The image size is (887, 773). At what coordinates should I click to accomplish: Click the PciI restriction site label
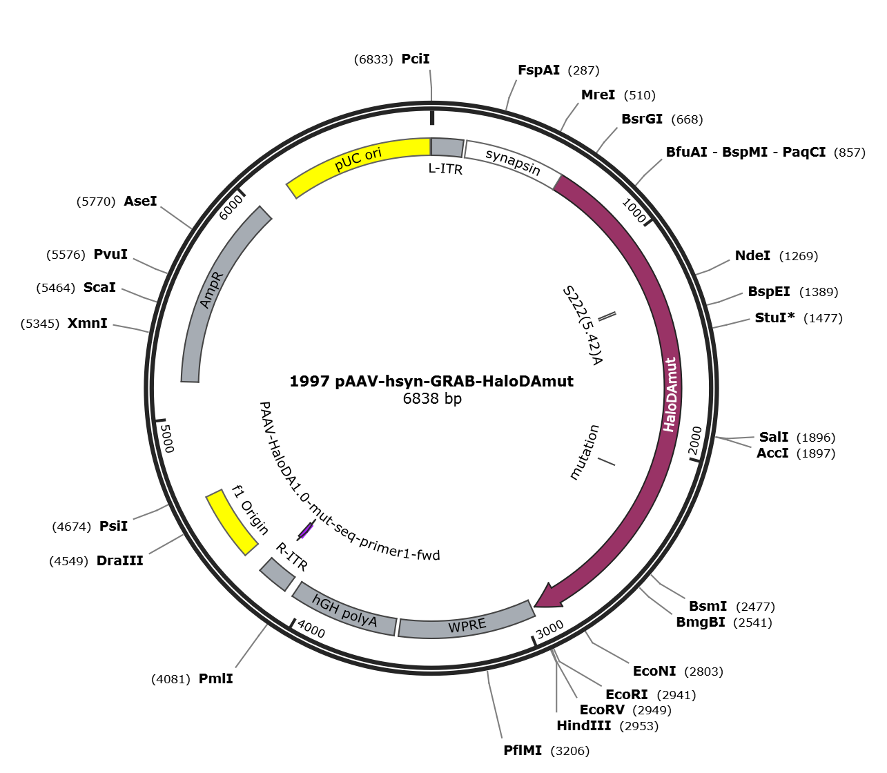416,59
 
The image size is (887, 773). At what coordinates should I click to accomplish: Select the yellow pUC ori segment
355,160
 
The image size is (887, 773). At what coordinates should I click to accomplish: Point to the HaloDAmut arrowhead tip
534,607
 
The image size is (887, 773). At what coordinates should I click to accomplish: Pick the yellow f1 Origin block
231,522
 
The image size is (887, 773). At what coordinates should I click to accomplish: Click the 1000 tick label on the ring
634,210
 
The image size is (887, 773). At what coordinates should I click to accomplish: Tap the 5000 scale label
167,438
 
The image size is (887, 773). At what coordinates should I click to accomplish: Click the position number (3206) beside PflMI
569,751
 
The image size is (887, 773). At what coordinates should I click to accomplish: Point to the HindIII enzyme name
583,726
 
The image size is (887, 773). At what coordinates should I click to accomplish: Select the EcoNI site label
654,671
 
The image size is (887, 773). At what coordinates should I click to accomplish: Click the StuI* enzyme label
774,317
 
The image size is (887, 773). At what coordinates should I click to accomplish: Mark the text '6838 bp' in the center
432,399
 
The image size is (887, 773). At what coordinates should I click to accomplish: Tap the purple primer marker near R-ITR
306,530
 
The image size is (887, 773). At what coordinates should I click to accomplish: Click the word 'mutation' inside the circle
585,452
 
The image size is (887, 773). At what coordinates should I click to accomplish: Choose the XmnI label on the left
87,323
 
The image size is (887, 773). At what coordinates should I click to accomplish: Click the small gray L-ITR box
447,148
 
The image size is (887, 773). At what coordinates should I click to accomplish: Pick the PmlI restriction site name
215,678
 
